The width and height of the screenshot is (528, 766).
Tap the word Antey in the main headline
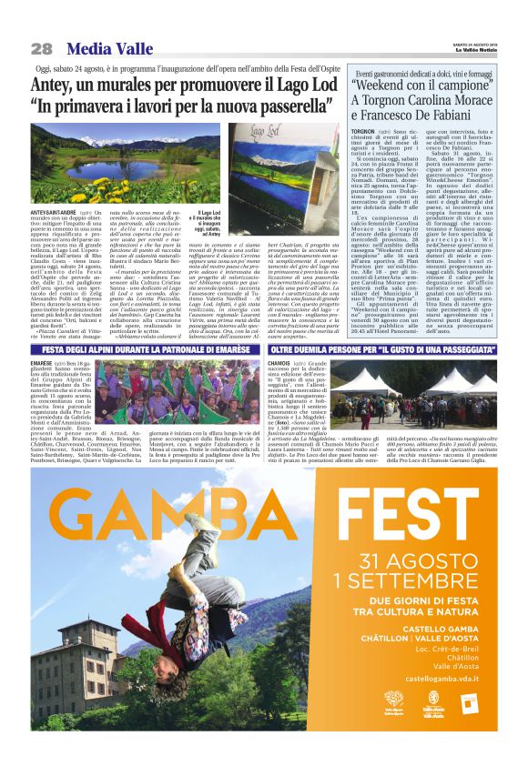point(55,85)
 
